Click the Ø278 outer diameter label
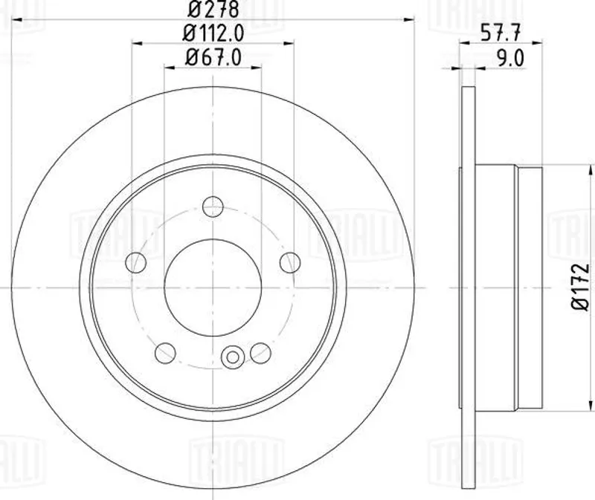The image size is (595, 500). (213, 10)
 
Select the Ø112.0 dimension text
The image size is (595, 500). (213, 33)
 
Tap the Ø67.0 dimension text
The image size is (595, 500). (213, 58)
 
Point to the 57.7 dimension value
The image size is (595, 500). (501, 33)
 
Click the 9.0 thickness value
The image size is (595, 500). (510, 59)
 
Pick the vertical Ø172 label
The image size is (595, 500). (581, 287)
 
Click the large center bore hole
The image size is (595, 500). (213, 288)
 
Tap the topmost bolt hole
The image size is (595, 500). (213, 207)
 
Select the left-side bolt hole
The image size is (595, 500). (135, 262)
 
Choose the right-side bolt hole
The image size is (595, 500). (290, 262)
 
